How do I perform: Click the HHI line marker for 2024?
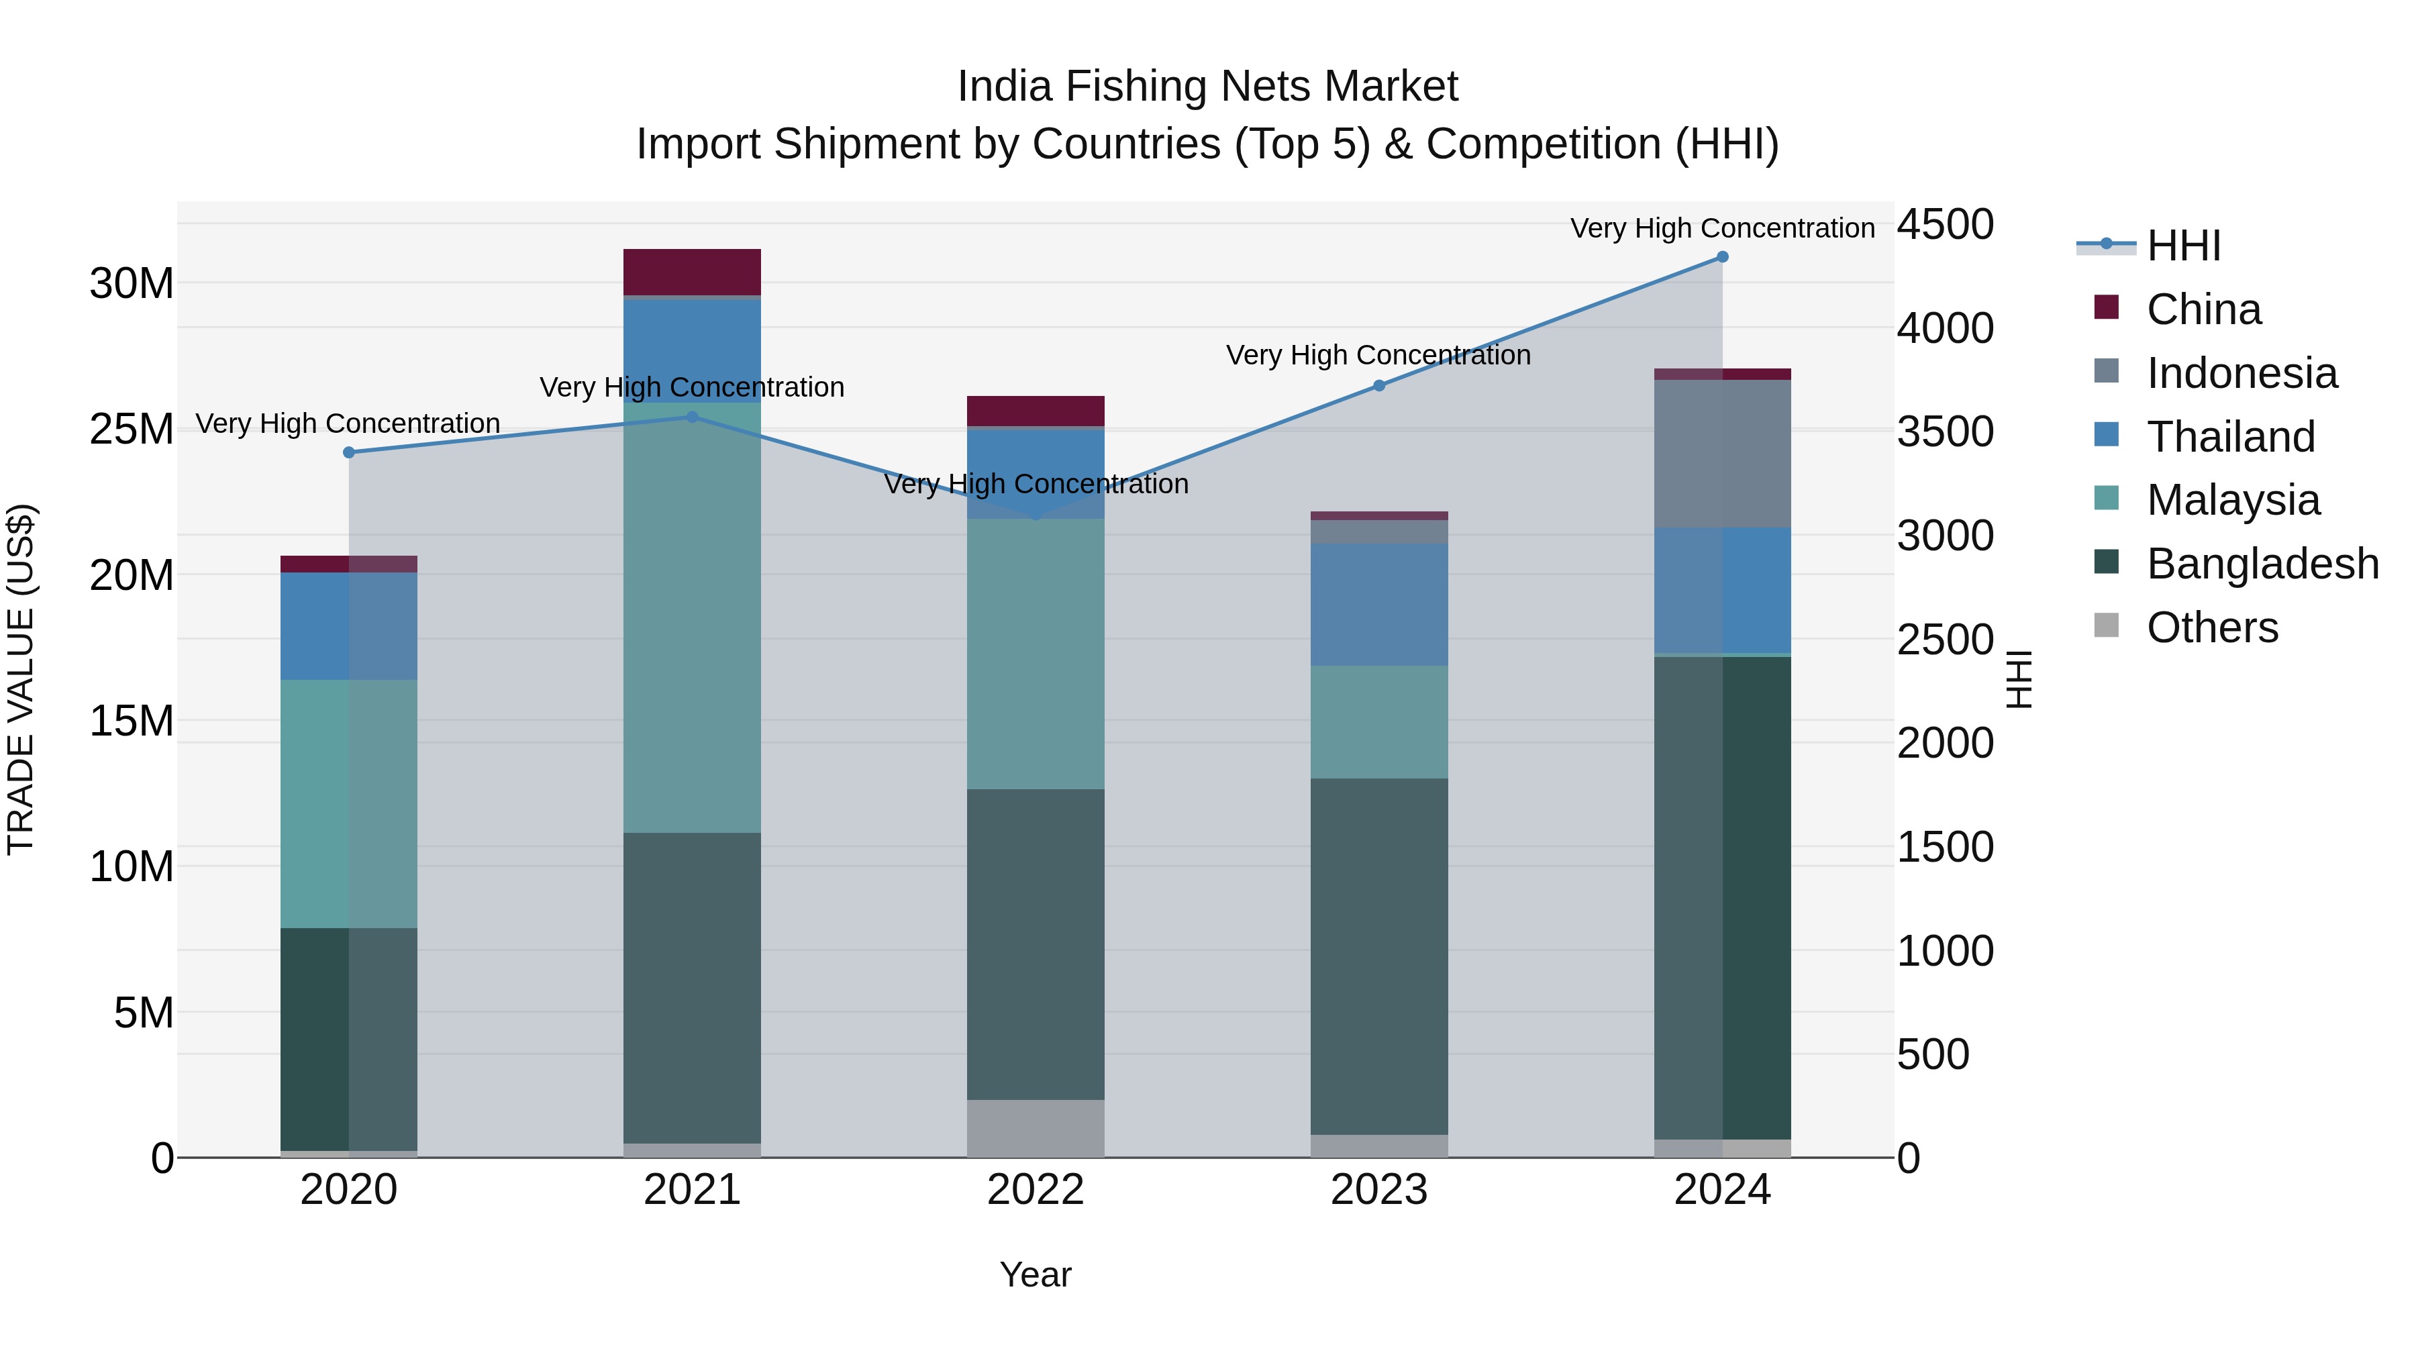(x=1722, y=257)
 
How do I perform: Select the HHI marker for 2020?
(x=349, y=452)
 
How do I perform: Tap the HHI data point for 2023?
(x=1378, y=385)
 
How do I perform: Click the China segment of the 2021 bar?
(x=692, y=272)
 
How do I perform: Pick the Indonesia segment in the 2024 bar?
(x=1722, y=454)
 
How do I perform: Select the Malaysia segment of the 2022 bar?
(x=1036, y=654)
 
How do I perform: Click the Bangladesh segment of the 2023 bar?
(x=1378, y=956)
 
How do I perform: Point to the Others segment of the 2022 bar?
(x=1036, y=1128)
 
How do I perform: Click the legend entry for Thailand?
(x=2230, y=437)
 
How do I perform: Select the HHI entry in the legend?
(x=2182, y=246)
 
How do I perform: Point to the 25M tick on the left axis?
(x=132, y=430)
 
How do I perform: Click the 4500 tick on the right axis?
(x=1944, y=225)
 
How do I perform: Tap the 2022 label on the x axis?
(x=1036, y=1190)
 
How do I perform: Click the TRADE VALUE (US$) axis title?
(x=21, y=679)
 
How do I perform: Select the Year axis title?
(x=1036, y=1274)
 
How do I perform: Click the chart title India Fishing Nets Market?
(x=1207, y=87)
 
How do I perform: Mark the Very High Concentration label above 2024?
(x=1722, y=228)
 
